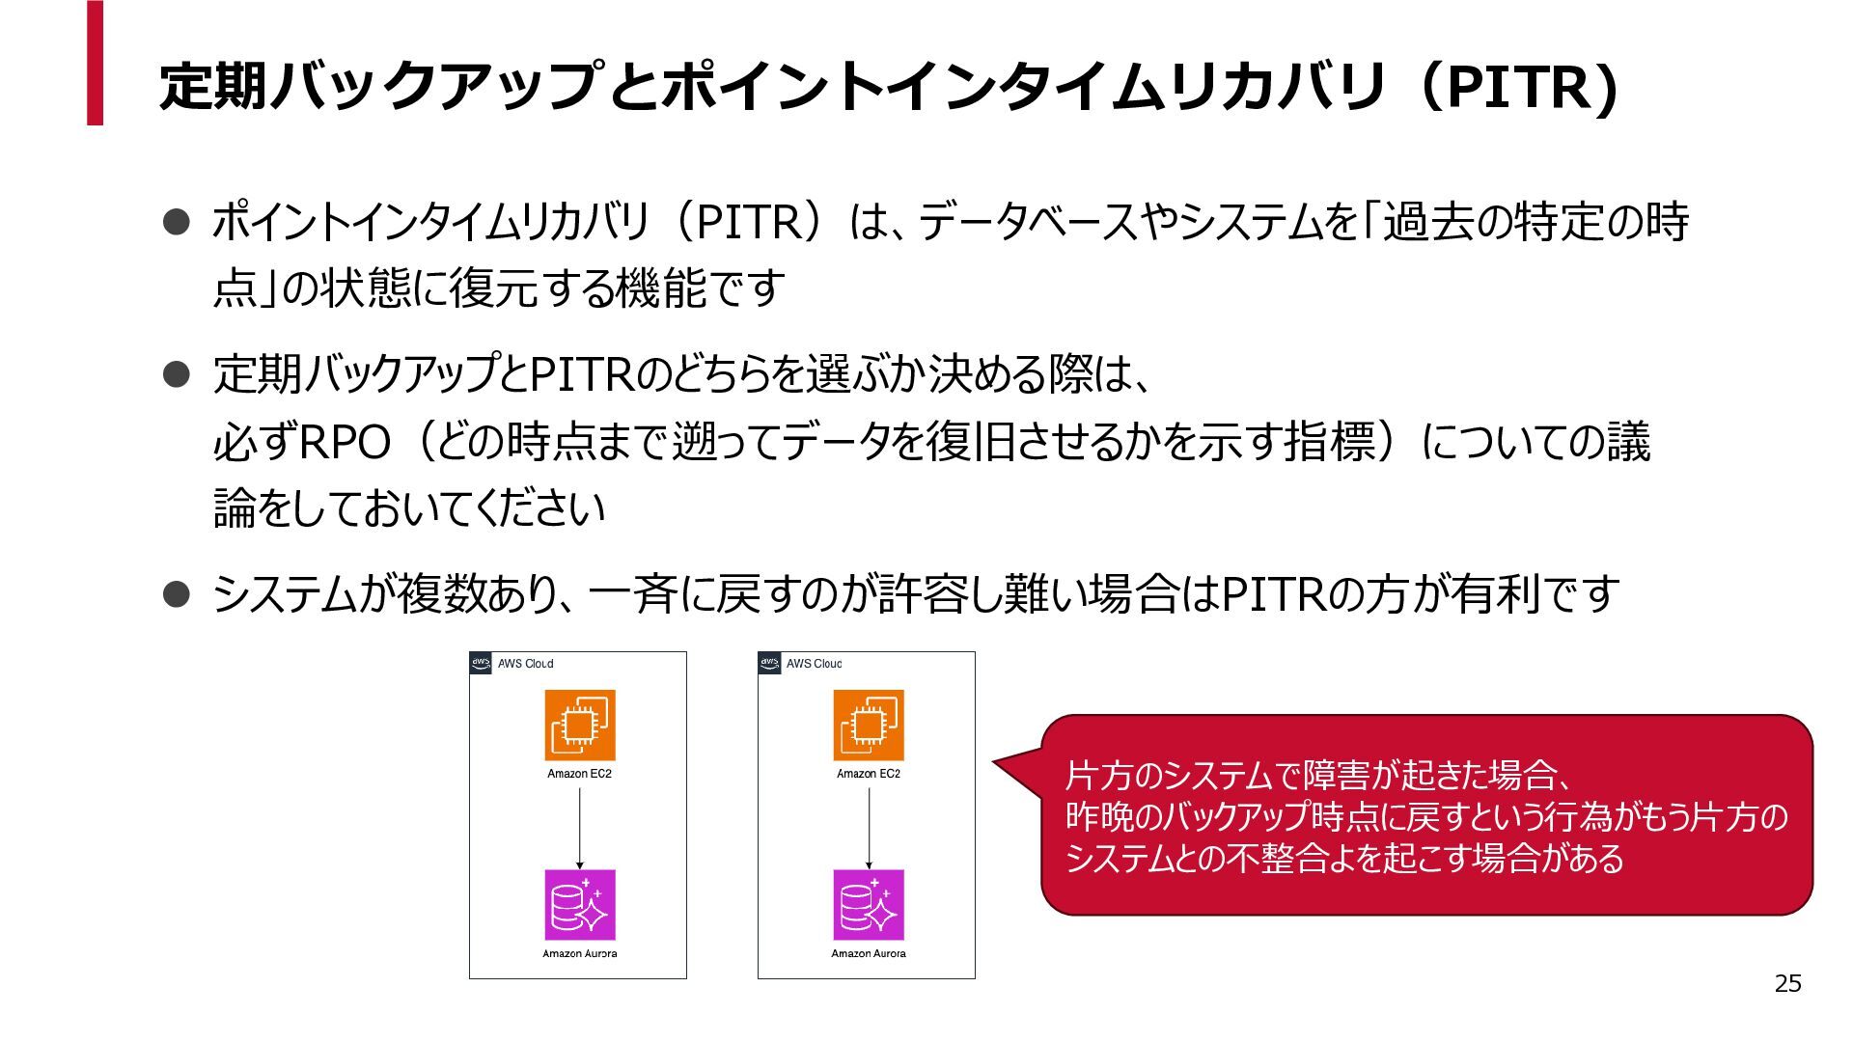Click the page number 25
1787,983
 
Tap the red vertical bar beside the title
95,63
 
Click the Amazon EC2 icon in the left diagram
580,726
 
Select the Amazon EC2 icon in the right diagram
869,726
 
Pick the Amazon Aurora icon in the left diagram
580,905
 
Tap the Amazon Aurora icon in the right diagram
869,905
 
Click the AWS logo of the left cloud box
481,664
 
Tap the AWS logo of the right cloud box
769,664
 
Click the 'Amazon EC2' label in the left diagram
579,774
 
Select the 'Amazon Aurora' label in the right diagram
869,954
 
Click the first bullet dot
176,223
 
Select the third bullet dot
176,594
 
